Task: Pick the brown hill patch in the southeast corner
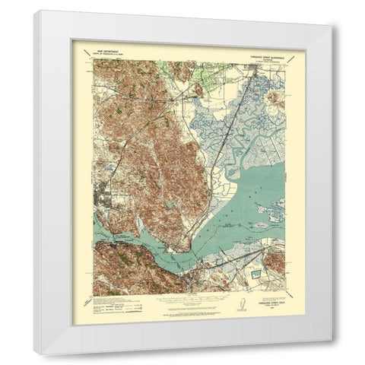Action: pyautogui.click(x=278, y=262)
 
